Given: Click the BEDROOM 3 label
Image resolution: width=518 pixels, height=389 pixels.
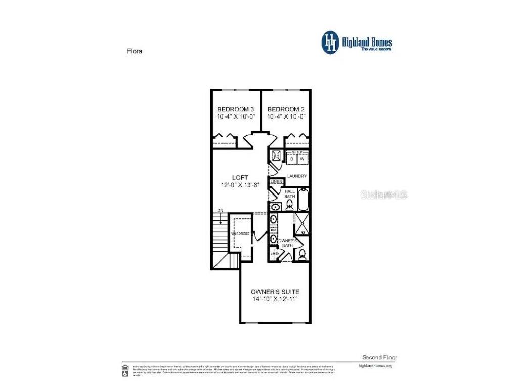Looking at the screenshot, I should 235,109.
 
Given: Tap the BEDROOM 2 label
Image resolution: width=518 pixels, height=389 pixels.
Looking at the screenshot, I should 286,109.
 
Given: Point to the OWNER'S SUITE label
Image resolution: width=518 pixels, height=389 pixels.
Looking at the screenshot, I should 275,292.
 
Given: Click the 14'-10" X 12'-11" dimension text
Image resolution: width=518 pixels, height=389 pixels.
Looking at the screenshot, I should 275,299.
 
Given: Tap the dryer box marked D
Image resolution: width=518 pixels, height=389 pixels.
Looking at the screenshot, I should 291,159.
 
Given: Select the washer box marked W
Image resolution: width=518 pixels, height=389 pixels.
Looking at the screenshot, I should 302,159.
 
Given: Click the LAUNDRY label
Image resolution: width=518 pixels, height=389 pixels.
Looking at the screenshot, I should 297,176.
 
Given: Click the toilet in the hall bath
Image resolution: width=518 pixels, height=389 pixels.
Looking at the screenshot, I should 290,205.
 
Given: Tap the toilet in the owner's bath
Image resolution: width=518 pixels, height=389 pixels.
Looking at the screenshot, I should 301,254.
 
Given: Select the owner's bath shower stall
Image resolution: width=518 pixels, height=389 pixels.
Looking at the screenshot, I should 302,224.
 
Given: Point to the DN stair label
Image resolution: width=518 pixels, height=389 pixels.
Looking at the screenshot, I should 220,210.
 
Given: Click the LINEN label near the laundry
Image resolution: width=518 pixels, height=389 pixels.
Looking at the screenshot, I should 276,181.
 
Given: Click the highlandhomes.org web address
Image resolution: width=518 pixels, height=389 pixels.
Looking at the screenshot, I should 375,365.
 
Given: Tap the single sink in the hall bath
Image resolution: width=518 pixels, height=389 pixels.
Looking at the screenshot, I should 275,206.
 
